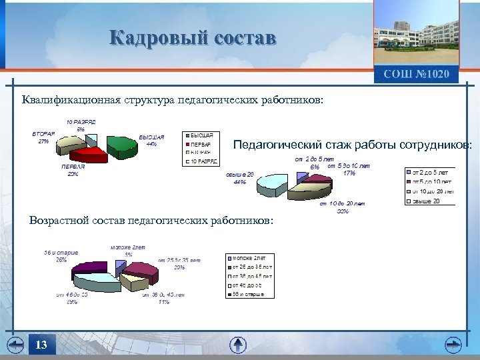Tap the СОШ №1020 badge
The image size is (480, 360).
click(416, 73)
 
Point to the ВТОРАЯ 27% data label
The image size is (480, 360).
click(44, 137)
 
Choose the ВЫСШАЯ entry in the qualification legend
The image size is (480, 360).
click(203, 135)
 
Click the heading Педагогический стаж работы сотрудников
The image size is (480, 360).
click(353, 144)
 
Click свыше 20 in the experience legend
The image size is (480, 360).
click(431, 201)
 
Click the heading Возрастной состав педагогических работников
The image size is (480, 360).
click(151, 221)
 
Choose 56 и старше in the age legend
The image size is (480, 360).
click(251, 294)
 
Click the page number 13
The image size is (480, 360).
click(41, 345)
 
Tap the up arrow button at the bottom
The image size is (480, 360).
click(238, 345)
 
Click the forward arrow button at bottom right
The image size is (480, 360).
click(454, 345)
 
